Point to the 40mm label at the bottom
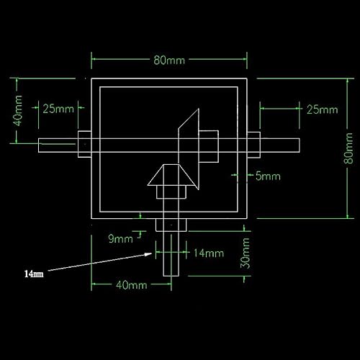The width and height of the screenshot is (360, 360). coord(132,285)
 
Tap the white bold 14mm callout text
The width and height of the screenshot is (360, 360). coord(34,274)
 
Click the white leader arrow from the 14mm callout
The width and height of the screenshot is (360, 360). coord(101,264)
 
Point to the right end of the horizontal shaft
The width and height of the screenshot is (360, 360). coord(297,145)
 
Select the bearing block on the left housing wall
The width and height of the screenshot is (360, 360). coord(83,145)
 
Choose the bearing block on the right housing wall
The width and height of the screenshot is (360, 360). coord(254,145)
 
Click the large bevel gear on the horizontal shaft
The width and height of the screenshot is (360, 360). coord(189,141)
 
